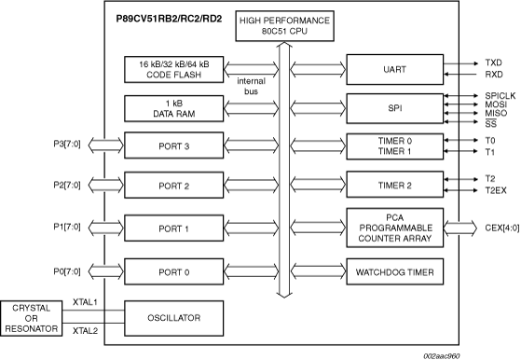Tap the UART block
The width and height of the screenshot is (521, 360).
(390, 69)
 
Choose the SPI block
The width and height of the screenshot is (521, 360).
(390, 107)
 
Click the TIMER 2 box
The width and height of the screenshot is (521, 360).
(390, 187)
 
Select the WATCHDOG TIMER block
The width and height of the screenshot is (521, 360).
(390, 272)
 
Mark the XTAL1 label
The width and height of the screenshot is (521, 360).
(87, 302)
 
